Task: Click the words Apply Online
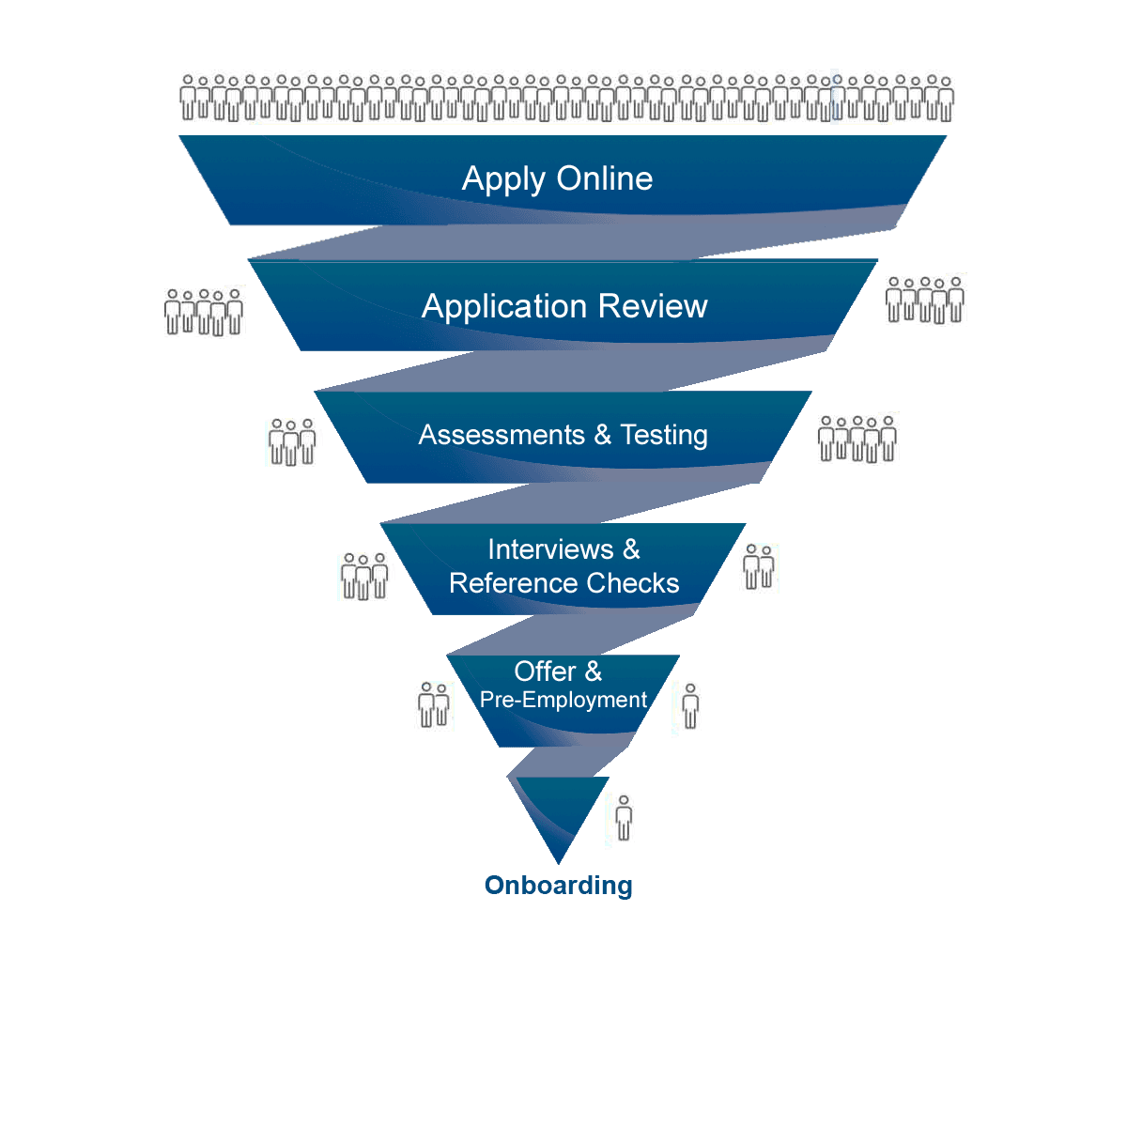(557, 178)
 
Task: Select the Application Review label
(564, 306)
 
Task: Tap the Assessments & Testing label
(563, 435)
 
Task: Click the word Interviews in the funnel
(550, 549)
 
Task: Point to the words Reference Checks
(563, 583)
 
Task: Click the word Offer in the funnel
(545, 672)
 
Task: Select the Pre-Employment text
(563, 700)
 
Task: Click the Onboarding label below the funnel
(558, 885)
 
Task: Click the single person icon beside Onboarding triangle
(625, 823)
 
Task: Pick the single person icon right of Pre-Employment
(692, 711)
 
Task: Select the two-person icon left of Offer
(434, 711)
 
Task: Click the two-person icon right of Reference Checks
(759, 573)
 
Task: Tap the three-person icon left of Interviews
(365, 578)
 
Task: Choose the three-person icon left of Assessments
(293, 443)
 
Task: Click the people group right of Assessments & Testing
(856, 439)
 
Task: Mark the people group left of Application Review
(202, 312)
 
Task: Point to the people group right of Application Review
(923, 300)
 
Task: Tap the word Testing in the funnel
(664, 435)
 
